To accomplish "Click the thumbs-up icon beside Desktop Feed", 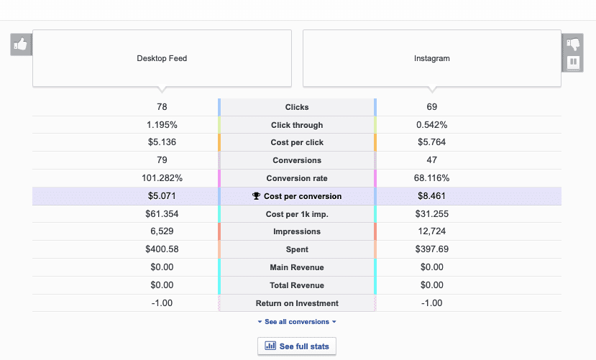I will [x=21, y=45].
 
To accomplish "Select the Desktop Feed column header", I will [x=162, y=58].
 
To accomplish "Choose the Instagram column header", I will [x=432, y=58].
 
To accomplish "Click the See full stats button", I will [x=297, y=346].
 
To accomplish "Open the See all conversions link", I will [x=297, y=322].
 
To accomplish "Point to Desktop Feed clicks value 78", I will [x=162, y=107].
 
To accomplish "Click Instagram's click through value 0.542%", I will [x=432, y=125].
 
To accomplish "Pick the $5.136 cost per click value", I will [x=162, y=142].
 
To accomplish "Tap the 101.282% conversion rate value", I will [x=162, y=178].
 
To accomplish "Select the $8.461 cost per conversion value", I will [x=432, y=195].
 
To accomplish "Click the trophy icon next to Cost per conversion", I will [x=256, y=196].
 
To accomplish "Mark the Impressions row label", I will [x=297, y=231].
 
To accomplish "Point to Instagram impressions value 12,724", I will [x=432, y=231].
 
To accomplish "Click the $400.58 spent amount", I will [x=162, y=249].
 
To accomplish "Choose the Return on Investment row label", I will [x=297, y=303].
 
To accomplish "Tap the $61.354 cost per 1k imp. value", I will [x=162, y=213].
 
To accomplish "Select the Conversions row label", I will [x=297, y=160].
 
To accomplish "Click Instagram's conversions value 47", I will [x=432, y=160].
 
